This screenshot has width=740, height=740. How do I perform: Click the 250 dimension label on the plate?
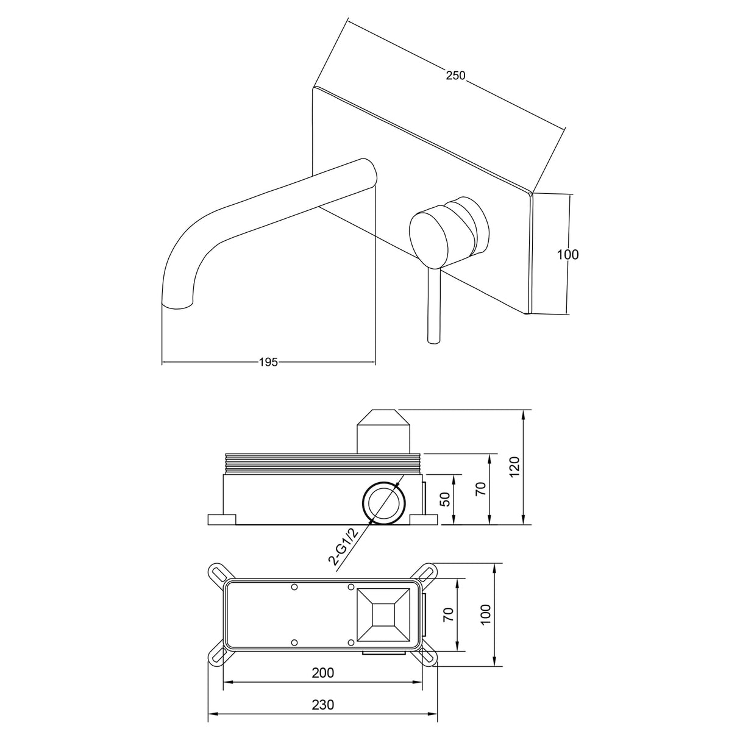coord(455,76)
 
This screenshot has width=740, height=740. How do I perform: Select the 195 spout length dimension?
coord(268,362)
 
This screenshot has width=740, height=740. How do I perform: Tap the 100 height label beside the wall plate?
coord(567,254)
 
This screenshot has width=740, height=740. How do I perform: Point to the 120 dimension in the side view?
coord(515,466)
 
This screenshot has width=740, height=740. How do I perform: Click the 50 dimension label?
coord(446,499)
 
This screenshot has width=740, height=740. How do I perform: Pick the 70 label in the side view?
coord(481,488)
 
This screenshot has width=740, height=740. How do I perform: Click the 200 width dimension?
coord(323,673)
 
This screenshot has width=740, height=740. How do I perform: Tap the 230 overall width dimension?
coord(323,705)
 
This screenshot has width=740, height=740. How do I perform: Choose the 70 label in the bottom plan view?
coord(449,614)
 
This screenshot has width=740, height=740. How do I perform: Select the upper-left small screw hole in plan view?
coord(294,587)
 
